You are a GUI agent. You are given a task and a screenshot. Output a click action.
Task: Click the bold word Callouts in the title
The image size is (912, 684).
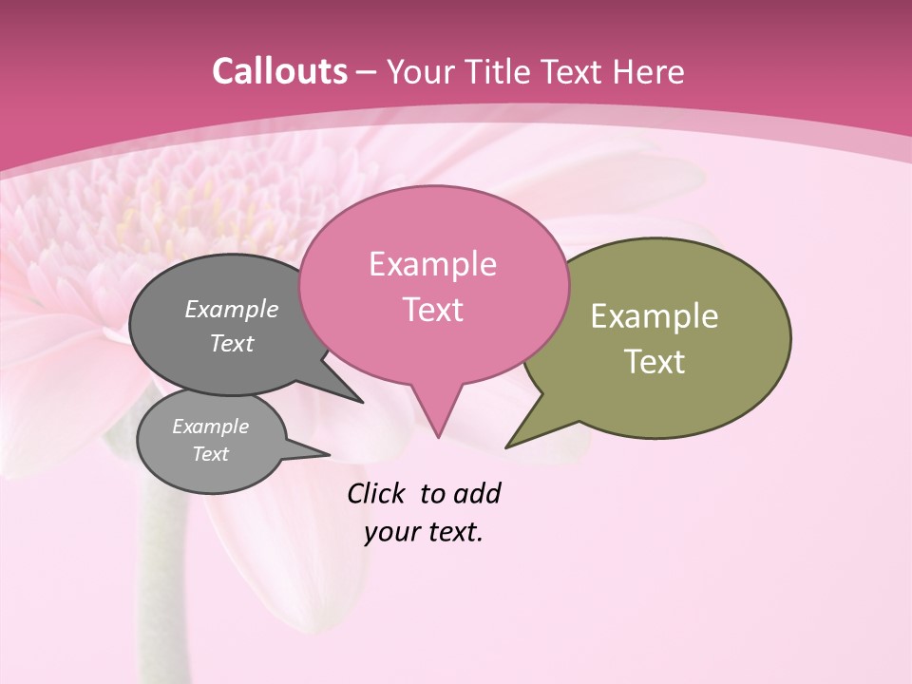[279, 71]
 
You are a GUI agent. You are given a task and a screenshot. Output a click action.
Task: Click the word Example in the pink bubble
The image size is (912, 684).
[432, 264]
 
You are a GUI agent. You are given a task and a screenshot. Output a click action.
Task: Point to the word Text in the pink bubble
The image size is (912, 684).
[432, 310]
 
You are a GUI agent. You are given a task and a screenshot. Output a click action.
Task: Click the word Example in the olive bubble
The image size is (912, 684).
[655, 316]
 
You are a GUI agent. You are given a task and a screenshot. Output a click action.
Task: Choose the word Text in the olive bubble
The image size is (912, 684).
[655, 362]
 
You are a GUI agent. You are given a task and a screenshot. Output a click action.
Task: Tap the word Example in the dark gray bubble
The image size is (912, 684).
[232, 310]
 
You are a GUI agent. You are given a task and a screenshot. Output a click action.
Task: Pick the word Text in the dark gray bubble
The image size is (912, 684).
[232, 343]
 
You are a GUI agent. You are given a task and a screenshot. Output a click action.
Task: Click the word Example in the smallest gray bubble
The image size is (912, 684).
[210, 427]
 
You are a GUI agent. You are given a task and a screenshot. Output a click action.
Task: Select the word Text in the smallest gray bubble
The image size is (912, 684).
[210, 454]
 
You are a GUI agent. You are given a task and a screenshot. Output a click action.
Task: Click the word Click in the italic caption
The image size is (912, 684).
[377, 494]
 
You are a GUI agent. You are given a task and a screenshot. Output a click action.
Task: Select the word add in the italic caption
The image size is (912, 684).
[477, 494]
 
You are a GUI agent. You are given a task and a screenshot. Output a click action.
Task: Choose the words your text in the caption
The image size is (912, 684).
[424, 532]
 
